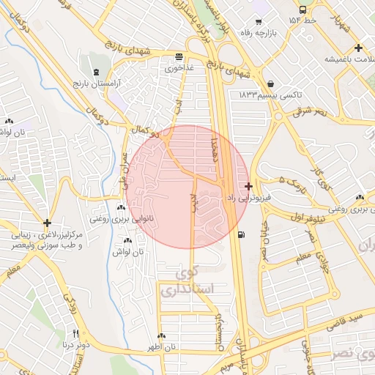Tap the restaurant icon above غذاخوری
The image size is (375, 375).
179,57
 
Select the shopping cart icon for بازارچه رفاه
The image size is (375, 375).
258,21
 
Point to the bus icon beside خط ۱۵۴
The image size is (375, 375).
303,10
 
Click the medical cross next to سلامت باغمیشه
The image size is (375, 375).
358,48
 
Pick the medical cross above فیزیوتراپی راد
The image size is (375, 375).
249,186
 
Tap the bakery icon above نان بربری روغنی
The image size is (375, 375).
360,198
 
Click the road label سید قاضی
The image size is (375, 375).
345,316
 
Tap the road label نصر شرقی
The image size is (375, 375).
310,112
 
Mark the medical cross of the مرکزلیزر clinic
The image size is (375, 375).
48,223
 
